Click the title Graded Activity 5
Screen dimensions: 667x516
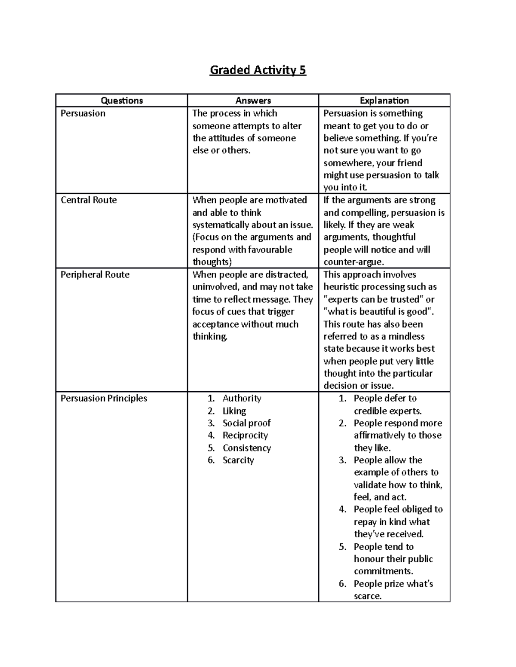(258, 70)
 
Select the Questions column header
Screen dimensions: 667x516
(122, 101)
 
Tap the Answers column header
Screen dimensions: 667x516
(253, 101)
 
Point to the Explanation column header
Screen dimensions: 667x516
(384, 101)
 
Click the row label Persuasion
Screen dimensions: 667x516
(83, 113)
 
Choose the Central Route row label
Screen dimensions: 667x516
(89, 200)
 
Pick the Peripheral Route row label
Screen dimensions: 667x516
(95, 275)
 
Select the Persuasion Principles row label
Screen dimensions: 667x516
(104, 399)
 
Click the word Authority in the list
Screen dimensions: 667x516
(242, 399)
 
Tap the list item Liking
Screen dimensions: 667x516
(234, 411)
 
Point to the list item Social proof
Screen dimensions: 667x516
(246, 423)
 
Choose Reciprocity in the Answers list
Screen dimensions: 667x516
(245, 436)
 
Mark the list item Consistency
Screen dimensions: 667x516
(247, 448)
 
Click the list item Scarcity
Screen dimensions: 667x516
(238, 460)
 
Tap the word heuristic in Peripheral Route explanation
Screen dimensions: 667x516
(341, 287)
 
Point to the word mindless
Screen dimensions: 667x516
(406, 336)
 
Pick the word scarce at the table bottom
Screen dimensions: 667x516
(367, 596)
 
